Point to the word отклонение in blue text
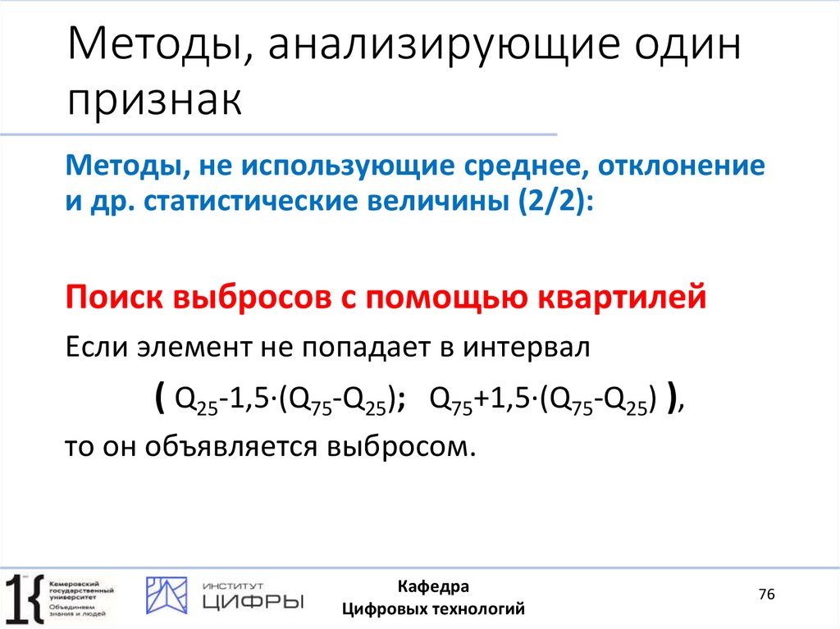coord(683,166)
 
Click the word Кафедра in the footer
coord(433,587)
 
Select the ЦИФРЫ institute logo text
coord(252,602)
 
